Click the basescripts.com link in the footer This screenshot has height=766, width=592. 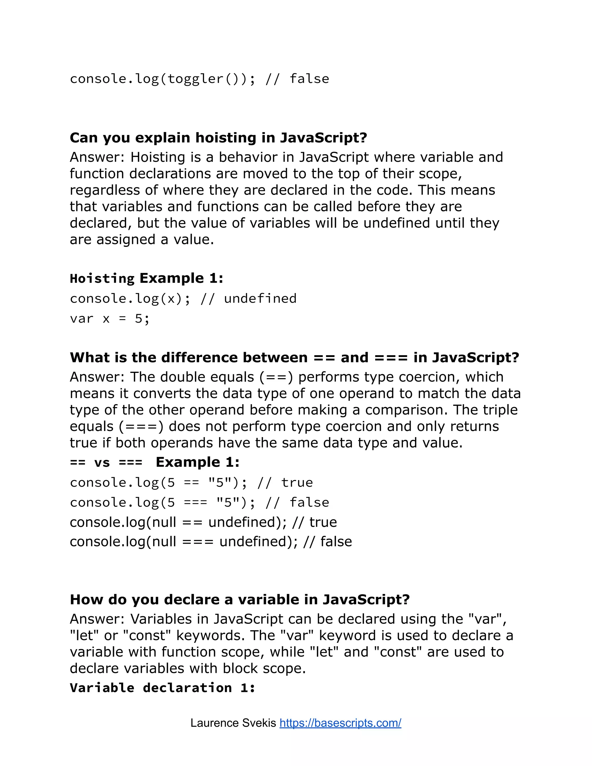[340, 723]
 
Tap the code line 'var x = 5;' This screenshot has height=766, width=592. [110, 319]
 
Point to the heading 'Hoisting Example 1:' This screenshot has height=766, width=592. [146, 278]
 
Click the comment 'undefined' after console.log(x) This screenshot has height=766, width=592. [260, 299]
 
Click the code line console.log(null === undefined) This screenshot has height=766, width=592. [210, 541]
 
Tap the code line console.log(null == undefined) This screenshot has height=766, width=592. [203, 522]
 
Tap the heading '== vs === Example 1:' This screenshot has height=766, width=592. [155, 462]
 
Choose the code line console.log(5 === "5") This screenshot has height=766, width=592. [199, 503]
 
